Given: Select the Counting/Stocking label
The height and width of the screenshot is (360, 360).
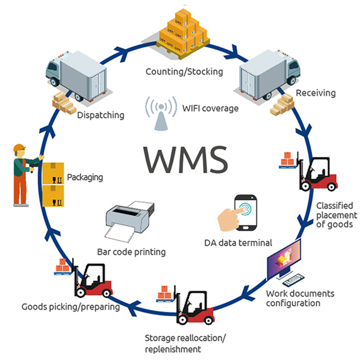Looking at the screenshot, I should [x=184, y=71].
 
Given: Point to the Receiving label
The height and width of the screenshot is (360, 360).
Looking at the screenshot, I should [x=315, y=93].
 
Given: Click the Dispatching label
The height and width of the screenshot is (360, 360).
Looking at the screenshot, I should [x=100, y=115].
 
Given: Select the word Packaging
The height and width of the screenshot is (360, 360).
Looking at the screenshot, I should [x=85, y=177].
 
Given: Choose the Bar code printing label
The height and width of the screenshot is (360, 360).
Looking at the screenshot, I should [x=131, y=252].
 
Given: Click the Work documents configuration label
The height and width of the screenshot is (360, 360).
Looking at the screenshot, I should [x=300, y=298].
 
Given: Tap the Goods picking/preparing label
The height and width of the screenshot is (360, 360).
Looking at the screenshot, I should [x=71, y=307].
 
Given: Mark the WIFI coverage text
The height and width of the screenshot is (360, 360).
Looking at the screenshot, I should [x=210, y=108].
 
